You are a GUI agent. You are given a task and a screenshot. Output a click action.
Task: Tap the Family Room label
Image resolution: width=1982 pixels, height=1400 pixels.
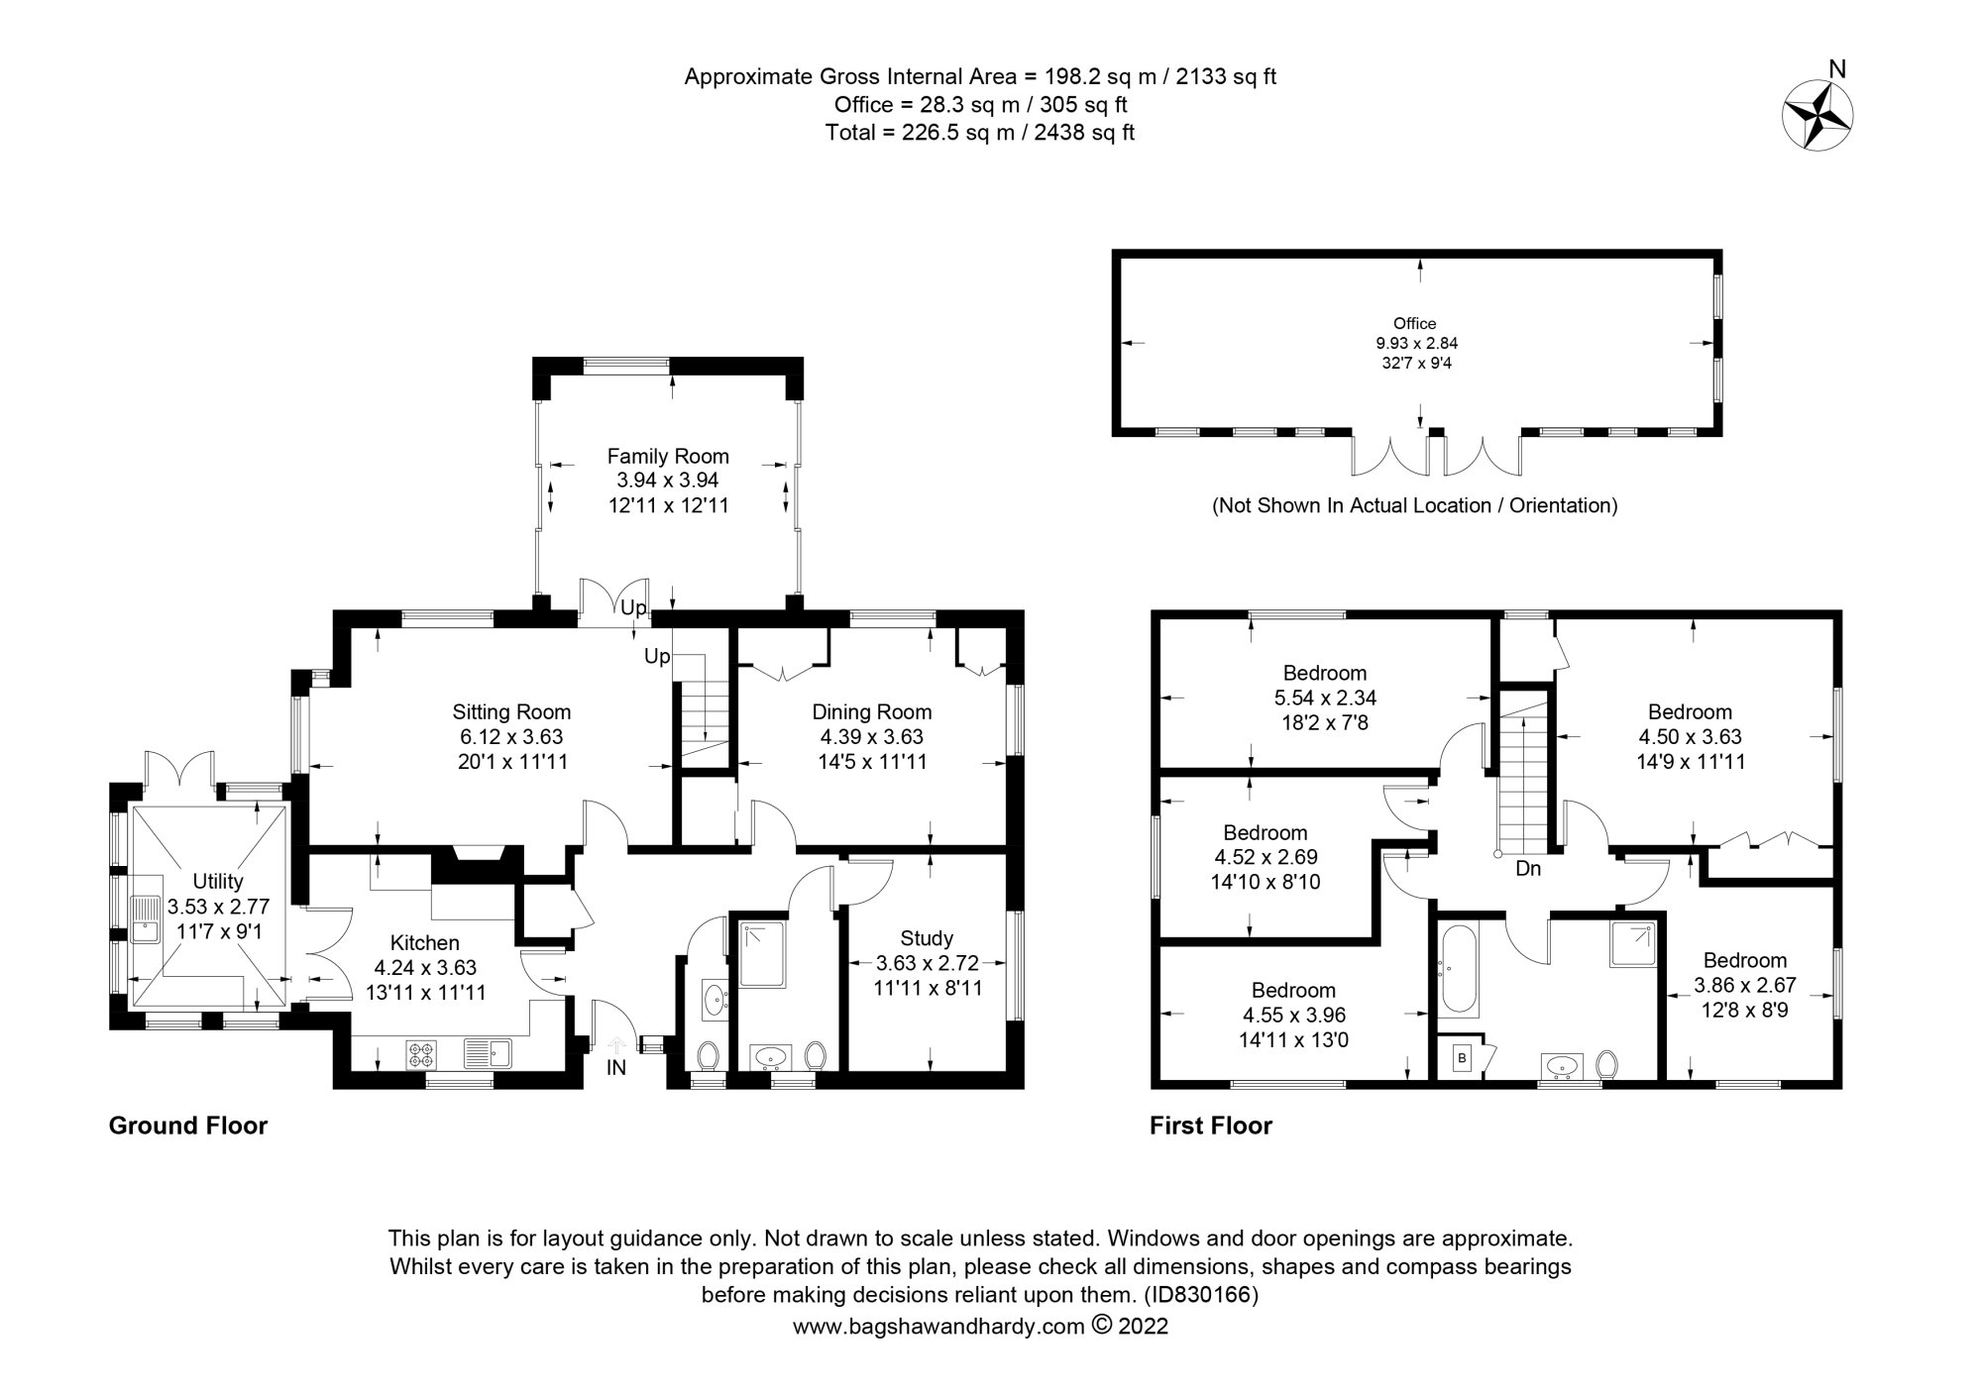[x=668, y=456]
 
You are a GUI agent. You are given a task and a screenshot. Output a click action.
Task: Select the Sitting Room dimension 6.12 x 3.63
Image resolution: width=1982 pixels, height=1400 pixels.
[x=511, y=737]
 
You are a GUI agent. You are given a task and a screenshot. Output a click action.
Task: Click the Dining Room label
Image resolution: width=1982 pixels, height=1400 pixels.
[x=872, y=711]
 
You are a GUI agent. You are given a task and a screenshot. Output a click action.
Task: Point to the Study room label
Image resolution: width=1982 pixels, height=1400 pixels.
[x=927, y=937]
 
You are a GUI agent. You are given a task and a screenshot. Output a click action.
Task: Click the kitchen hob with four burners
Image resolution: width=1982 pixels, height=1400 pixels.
[x=420, y=1054]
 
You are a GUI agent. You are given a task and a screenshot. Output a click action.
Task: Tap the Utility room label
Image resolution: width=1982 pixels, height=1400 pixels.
[x=218, y=881]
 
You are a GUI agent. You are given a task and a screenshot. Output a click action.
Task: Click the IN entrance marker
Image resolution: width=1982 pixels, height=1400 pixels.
[x=616, y=1068]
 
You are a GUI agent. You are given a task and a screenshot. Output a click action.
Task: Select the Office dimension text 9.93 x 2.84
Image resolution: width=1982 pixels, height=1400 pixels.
[x=1415, y=343]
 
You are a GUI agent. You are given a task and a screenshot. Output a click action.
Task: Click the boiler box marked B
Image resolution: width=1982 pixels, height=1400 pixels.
[x=1462, y=1058]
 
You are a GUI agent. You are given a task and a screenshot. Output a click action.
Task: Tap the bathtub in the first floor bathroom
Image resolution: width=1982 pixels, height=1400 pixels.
[x=1455, y=970]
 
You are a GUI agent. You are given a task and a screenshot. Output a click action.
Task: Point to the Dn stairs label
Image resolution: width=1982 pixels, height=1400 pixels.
[x=1528, y=869]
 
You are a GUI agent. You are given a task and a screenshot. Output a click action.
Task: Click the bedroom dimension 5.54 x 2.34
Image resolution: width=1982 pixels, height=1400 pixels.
[x=1325, y=698]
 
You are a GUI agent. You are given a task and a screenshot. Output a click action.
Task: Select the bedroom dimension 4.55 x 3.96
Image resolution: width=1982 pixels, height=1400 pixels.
[x=1293, y=1015]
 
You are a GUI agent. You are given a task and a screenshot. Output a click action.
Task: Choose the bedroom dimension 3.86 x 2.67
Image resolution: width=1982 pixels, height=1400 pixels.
[x=1744, y=986]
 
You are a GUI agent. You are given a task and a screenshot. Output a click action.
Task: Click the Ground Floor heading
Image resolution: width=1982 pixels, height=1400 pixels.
[x=188, y=1126]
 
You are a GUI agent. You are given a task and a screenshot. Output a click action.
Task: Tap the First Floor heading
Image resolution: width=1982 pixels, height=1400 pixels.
[x=1211, y=1126]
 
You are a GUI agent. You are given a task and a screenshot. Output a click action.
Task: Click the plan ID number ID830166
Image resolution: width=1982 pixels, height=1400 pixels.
[x=1201, y=1294]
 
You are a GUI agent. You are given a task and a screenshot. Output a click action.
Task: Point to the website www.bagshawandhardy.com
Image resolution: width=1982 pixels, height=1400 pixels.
[x=937, y=1327]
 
